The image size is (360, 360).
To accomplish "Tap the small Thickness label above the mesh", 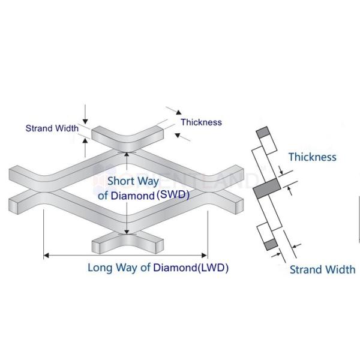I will point(201,122).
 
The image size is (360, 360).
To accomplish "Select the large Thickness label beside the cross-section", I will point(312,157).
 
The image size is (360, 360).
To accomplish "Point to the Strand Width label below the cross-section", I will point(322,269).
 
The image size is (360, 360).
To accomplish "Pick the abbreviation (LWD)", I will point(213,268).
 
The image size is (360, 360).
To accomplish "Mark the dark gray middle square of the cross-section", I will point(264,190).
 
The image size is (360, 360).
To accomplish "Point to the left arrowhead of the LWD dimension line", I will point(46,256).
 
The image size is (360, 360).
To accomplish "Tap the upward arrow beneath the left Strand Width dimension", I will point(86,140).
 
